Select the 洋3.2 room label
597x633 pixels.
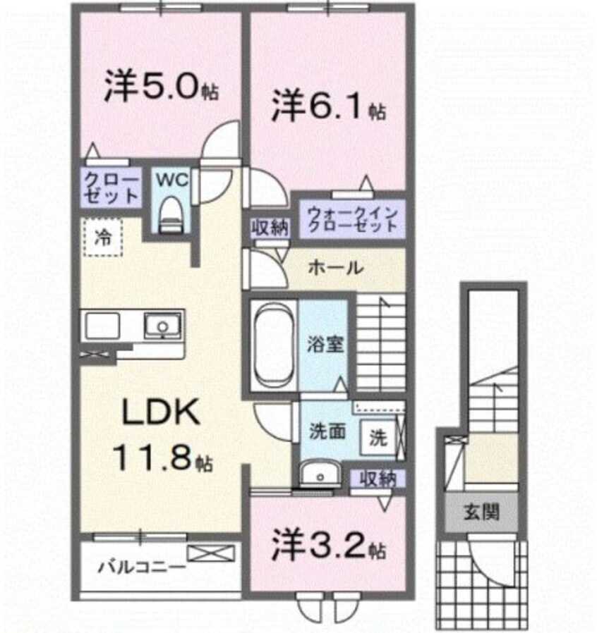pos(327,544)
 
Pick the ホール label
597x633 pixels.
pos(336,268)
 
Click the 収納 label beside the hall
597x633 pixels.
pos(268,227)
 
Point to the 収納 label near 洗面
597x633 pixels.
pos(378,479)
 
